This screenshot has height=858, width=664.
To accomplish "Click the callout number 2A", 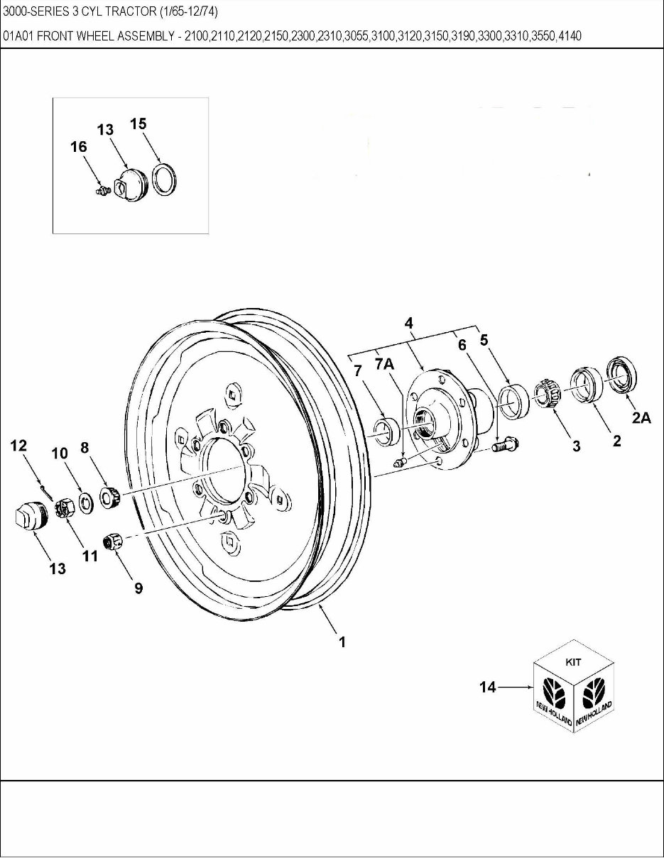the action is [x=641, y=418].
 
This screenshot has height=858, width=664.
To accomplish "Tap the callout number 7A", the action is [x=384, y=363].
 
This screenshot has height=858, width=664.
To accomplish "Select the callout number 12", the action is [x=18, y=446].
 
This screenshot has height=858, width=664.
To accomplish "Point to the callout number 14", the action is [x=488, y=687].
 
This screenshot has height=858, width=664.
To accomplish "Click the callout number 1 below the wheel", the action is [x=342, y=642].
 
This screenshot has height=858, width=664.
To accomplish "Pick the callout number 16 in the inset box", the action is [x=78, y=147].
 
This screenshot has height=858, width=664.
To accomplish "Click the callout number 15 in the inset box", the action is [x=138, y=123].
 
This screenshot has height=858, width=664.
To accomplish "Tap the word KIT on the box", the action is [x=573, y=661].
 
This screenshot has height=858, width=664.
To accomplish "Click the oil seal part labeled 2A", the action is [x=622, y=375].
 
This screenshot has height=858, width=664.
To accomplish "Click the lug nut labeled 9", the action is [x=114, y=543].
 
